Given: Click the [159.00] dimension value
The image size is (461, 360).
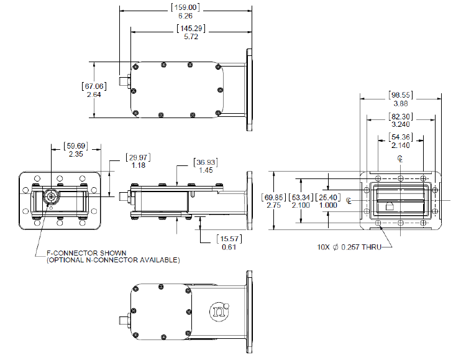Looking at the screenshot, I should [x=185, y=7].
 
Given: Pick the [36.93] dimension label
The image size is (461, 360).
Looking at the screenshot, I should [x=204, y=162].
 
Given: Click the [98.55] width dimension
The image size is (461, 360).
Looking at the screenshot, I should [x=400, y=95].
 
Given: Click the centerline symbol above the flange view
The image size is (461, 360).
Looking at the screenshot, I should [x=401, y=159].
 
